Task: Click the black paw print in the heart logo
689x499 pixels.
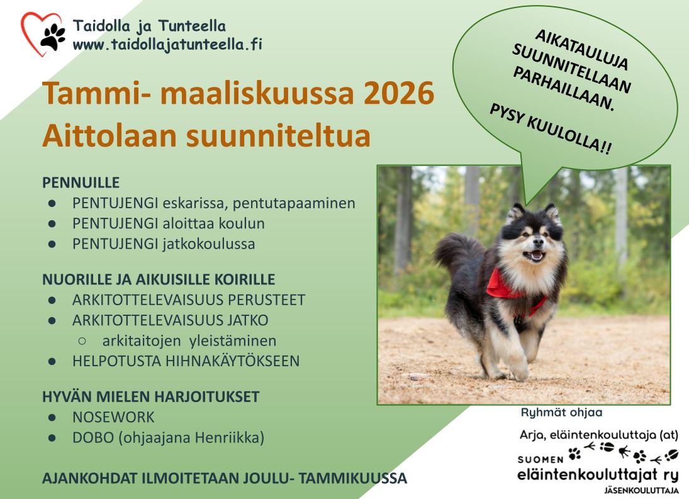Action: (53, 36)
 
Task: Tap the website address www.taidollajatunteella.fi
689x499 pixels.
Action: (167, 45)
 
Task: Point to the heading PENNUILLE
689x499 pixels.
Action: (81, 182)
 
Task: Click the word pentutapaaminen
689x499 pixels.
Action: (294, 203)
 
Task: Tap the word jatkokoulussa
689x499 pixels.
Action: (209, 244)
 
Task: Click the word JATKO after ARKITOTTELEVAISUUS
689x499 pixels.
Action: (248, 320)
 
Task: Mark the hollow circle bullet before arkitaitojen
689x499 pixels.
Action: (82, 341)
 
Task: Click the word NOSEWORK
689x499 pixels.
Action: (113, 417)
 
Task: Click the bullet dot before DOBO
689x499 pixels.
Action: (52, 438)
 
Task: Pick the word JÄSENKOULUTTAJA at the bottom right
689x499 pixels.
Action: (641, 490)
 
